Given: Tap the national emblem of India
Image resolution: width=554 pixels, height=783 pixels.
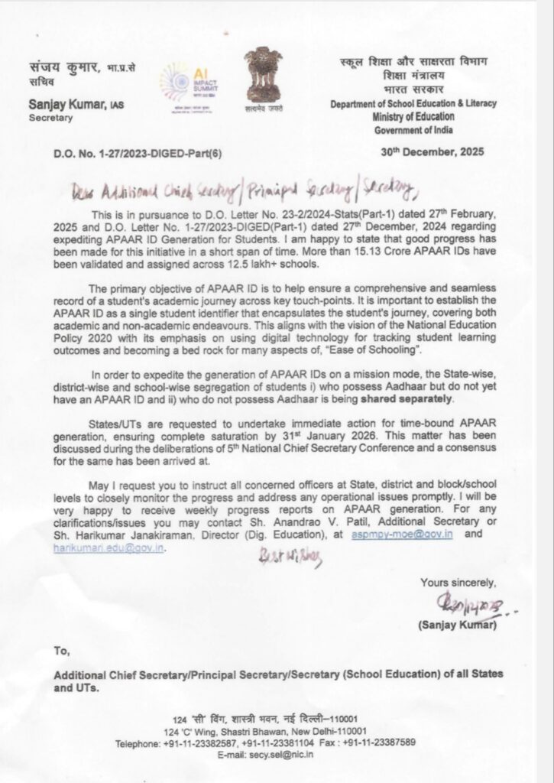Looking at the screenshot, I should pos(262,75).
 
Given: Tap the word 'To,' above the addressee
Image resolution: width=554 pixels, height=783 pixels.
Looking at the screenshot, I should pos(63,651).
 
